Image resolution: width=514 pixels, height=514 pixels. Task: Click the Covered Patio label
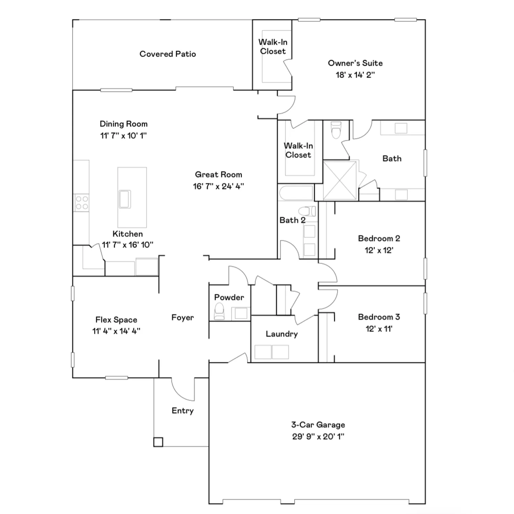(168, 54)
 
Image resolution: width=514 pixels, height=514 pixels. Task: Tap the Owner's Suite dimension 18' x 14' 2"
(355, 75)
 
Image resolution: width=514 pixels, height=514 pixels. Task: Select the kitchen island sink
(125, 199)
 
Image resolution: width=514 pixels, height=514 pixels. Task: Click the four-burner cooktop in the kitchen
(82, 203)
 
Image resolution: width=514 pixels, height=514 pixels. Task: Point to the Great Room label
(218, 175)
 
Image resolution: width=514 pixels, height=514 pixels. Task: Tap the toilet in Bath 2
(308, 211)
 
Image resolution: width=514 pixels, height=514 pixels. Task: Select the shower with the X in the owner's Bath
(340, 180)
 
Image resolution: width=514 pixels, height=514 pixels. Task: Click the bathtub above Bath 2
(296, 193)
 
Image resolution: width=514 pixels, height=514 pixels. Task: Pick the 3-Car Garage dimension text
(318, 437)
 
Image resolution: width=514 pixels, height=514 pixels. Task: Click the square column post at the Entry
(158, 442)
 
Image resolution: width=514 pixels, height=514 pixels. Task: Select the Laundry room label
(282, 334)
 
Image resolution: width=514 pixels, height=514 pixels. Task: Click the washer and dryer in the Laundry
(272, 352)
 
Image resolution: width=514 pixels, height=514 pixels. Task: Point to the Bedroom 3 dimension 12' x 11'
(379, 329)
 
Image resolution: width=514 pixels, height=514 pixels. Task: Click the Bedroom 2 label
(379, 238)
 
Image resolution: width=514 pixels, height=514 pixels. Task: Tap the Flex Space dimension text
(116, 331)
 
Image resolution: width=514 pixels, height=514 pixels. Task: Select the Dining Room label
(123, 124)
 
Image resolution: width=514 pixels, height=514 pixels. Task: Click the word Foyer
(182, 318)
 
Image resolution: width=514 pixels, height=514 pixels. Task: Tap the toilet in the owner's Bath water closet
(336, 130)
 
